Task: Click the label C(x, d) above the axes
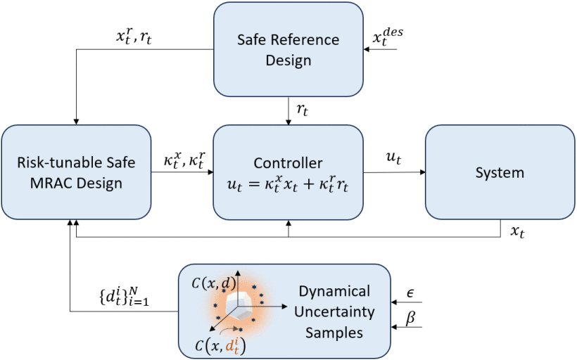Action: [210, 282]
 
